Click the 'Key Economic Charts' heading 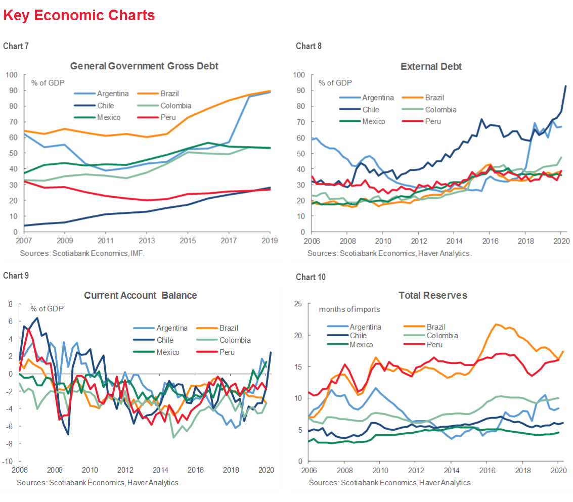79,16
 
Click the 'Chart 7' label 16,46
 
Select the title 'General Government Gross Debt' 144,66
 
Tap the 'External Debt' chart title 431,67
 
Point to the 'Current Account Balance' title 141,295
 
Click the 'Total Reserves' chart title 432,295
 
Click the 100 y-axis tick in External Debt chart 298,75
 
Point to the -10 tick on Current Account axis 9,461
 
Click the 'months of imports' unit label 349,309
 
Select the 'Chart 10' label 311,277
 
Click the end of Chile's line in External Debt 565,86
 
